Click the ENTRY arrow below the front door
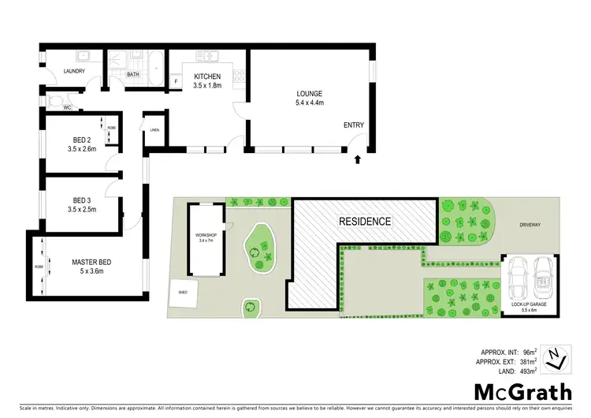[x=358, y=159]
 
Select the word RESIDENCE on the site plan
[x=365, y=222]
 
